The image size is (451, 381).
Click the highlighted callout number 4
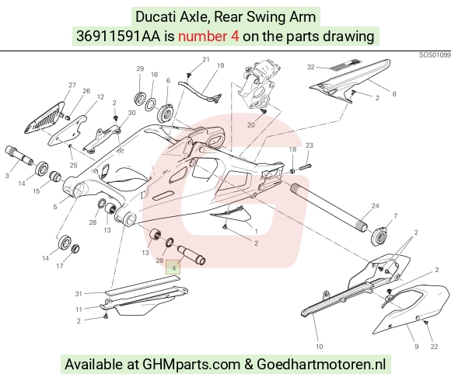[x=173, y=268]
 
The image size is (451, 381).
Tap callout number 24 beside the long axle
[x=375, y=206]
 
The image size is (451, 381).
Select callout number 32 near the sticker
[x=310, y=67]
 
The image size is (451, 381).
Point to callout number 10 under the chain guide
[x=320, y=347]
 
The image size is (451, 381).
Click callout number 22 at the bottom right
[x=434, y=347]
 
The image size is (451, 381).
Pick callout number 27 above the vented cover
[x=72, y=85]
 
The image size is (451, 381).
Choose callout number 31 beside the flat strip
[x=79, y=294]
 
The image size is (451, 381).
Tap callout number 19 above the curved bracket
[x=220, y=65]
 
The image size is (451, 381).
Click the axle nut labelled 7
[x=379, y=236]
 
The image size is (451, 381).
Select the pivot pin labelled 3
[x=19, y=156]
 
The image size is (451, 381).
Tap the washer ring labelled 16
[x=150, y=105]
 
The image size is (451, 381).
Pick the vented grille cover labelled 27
[x=44, y=117]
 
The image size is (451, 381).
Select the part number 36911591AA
[x=118, y=37]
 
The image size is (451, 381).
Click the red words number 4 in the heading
[x=208, y=37]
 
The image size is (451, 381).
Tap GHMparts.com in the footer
[x=191, y=365]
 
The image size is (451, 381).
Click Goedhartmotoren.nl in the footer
[x=321, y=365]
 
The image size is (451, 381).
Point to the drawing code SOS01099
[x=435, y=55]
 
